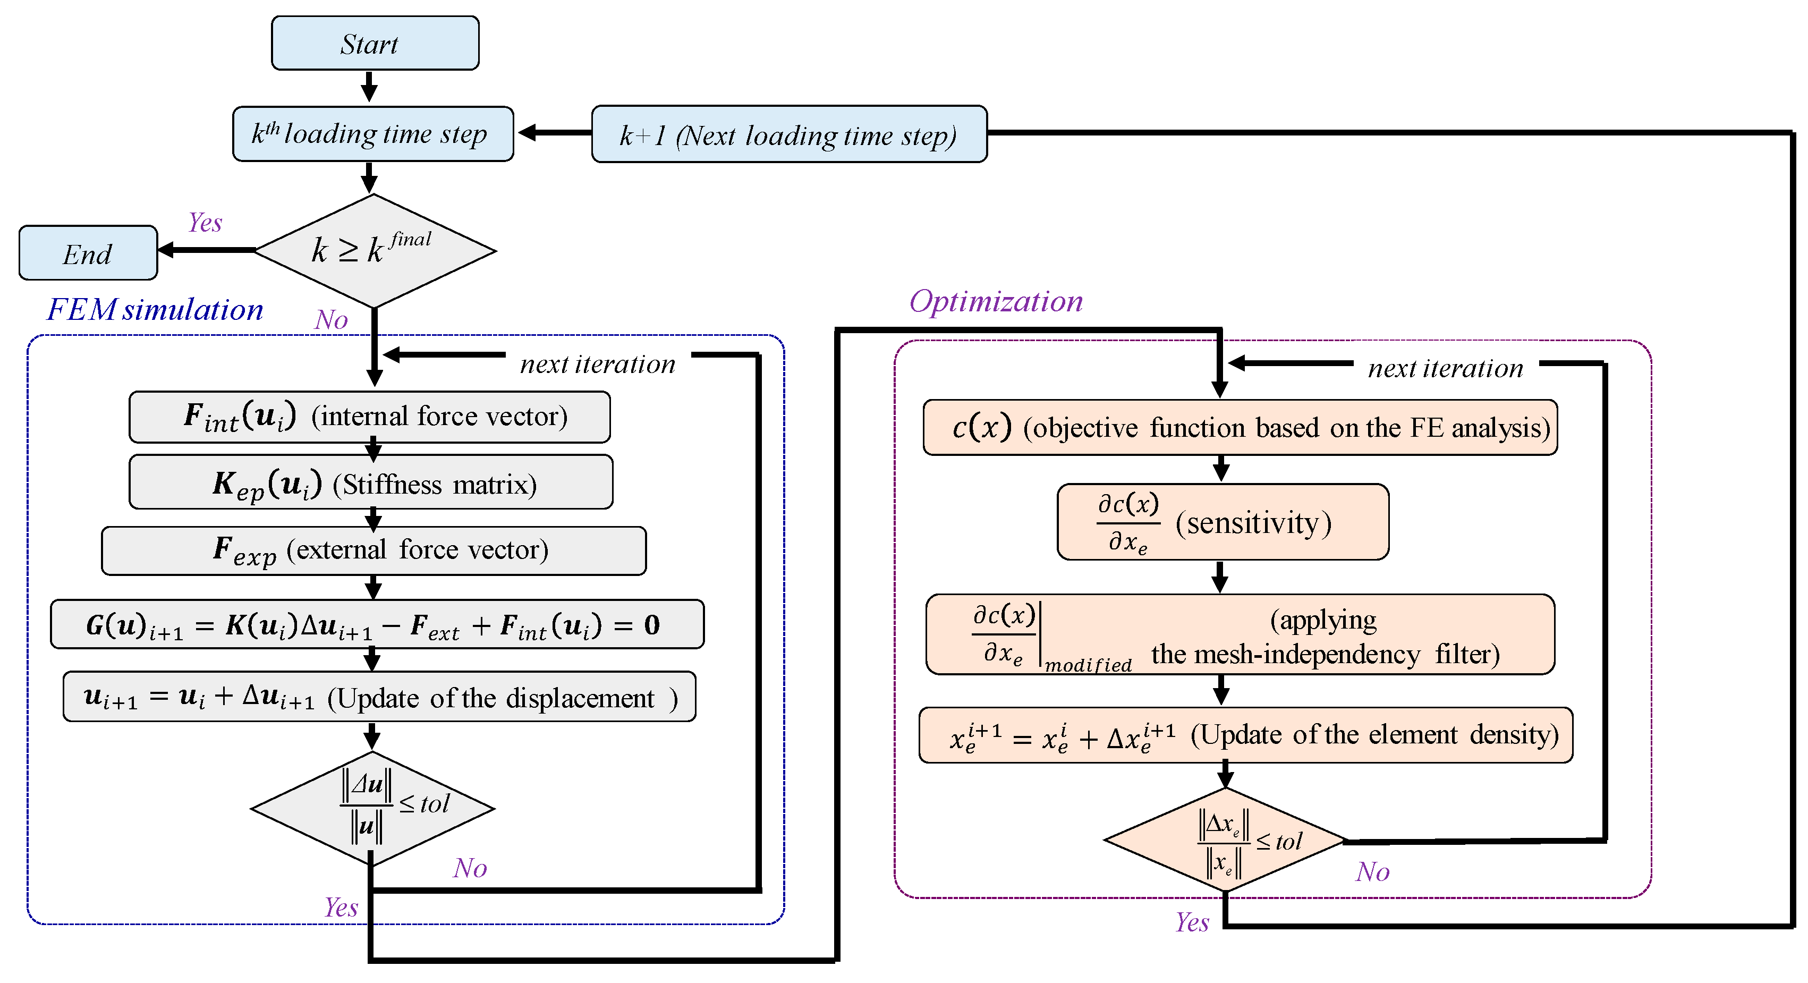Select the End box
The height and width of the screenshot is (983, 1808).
(x=88, y=253)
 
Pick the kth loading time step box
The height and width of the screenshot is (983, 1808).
(x=372, y=134)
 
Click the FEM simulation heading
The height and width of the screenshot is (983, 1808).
(x=155, y=310)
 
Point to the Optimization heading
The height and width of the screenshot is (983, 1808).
(x=995, y=301)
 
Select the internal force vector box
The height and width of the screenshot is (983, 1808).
(x=369, y=417)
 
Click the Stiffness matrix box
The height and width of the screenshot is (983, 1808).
(x=371, y=482)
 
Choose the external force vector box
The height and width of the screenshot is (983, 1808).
(x=374, y=550)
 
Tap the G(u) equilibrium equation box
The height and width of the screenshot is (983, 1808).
(x=377, y=624)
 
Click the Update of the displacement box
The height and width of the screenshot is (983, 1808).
(x=379, y=697)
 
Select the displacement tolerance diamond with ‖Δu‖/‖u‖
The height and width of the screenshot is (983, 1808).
(x=372, y=808)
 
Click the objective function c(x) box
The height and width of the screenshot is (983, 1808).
(x=1240, y=428)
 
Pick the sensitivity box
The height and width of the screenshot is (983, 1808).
(x=1222, y=522)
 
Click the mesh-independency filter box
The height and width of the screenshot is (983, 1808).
(x=1240, y=635)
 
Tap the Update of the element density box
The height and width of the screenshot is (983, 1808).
(x=1245, y=735)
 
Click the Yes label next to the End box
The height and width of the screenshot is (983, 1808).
(x=205, y=223)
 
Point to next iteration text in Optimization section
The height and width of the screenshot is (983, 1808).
(x=1445, y=368)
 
